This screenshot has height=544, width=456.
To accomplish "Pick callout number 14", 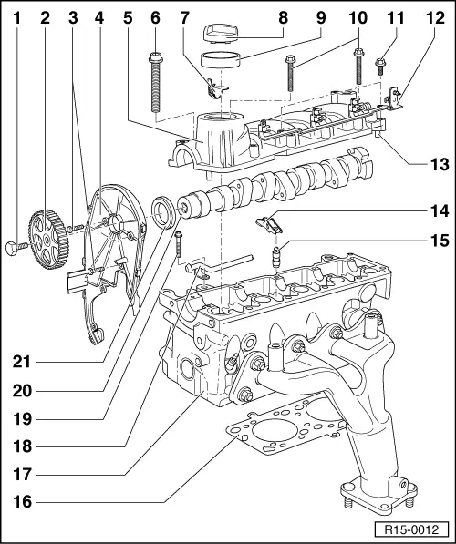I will pyautogui.click(x=440, y=211).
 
